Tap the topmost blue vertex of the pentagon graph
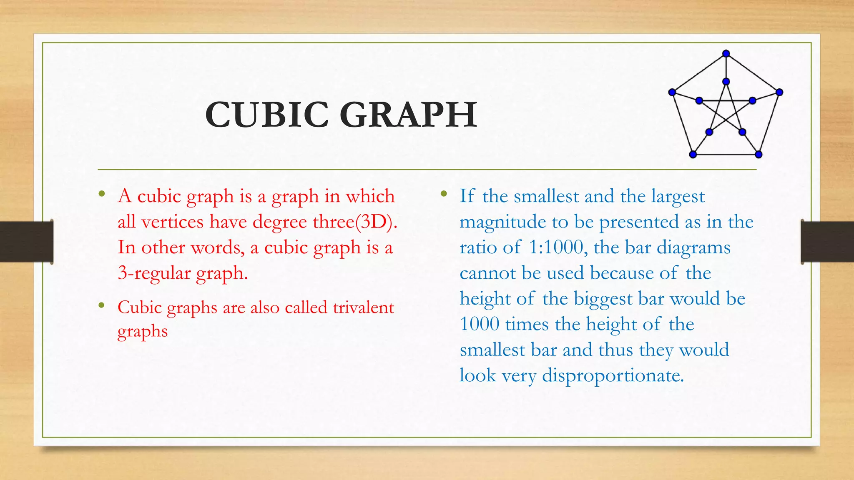click(726, 54)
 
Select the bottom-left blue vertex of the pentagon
click(693, 155)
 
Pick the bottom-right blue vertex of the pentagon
click(759, 155)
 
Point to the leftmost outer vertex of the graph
click(672, 92)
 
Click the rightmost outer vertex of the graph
click(779, 92)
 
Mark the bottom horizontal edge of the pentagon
click(726, 155)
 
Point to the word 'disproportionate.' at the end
click(613, 375)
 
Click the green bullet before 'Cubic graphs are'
click(101, 305)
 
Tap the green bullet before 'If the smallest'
click(444, 194)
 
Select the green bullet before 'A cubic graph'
click(101, 194)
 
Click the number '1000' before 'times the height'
click(480, 324)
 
